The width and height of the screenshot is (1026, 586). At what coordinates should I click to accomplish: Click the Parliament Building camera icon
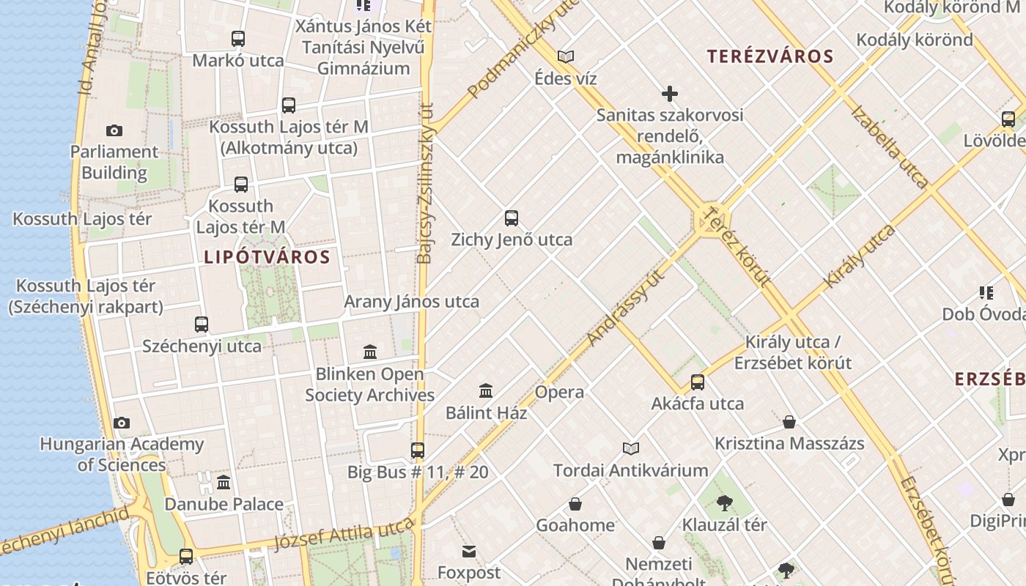114,130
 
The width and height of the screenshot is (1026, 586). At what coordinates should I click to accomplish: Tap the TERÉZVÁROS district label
770,56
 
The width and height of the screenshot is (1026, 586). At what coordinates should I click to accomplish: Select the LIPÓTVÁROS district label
267,257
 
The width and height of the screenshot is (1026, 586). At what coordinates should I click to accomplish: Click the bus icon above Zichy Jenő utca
512,218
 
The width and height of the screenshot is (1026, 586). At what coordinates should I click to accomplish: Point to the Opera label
559,392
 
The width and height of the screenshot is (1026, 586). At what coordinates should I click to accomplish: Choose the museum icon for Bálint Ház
486,390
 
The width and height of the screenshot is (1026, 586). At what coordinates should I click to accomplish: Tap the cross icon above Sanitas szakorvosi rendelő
669,93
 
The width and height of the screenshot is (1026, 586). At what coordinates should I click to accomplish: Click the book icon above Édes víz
565,56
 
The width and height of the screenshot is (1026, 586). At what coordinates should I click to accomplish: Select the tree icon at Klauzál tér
725,503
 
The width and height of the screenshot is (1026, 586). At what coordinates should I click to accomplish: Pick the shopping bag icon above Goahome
575,504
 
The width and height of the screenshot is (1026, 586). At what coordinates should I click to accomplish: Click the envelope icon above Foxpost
469,551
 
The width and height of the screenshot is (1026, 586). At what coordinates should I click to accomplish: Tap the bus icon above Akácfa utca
698,382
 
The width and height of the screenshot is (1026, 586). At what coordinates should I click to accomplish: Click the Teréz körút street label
736,246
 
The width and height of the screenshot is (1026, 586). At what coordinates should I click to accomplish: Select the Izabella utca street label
890,146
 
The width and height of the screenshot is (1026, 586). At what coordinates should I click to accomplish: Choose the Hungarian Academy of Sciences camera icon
122,423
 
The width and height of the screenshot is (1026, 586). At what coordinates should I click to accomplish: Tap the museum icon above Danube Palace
224,482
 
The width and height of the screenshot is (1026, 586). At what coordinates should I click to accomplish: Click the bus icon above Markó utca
238,39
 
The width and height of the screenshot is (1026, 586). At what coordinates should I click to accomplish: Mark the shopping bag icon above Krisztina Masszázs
789,422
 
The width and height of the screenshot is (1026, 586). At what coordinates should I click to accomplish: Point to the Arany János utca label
411,301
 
